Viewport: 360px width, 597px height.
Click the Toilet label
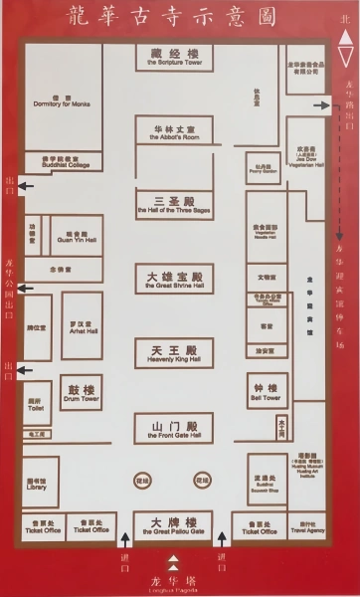pyautogui.click(x=36, y=407)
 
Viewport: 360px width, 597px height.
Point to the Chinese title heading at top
pyautogui.click(x=179, y=17)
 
